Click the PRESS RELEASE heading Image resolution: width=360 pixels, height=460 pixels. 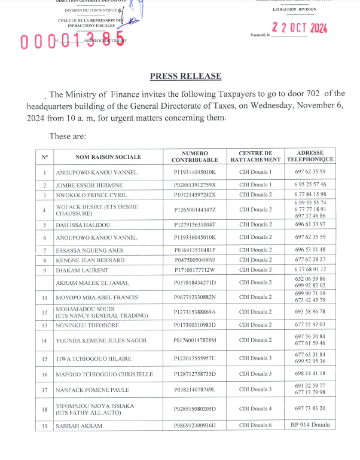tap(185, 76)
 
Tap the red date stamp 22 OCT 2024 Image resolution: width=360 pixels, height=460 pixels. tap(299, 27)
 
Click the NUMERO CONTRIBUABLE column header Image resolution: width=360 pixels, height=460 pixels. tap(195, 157)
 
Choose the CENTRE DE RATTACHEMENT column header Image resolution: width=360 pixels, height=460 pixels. tap(255, 157)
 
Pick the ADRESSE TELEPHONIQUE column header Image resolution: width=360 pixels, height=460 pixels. tap(310, 157)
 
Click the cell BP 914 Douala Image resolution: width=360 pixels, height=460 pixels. tap(310, 425)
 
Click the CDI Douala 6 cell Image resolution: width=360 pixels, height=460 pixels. tap(255, 426)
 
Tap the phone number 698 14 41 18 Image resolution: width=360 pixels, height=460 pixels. tap(310, 373)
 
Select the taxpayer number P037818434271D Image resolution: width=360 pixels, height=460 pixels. tap(194, 283)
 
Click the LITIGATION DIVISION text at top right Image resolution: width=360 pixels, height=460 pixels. tap(294, 10)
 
